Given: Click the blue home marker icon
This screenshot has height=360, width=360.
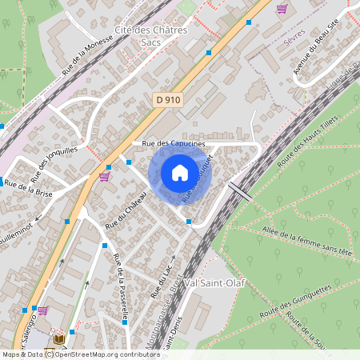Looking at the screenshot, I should [x=180, y=173].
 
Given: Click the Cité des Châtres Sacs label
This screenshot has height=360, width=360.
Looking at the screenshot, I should [x=150, y=36].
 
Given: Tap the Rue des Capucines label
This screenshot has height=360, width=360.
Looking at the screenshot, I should [x=174, y=143].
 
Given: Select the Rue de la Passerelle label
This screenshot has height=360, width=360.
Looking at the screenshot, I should [x=122, y=287].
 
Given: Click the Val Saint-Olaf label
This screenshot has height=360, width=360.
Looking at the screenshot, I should [x=214, y=283].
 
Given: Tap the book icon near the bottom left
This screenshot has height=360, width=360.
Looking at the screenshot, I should [x=58, y=339].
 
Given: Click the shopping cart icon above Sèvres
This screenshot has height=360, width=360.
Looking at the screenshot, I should [x=282, y=9].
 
